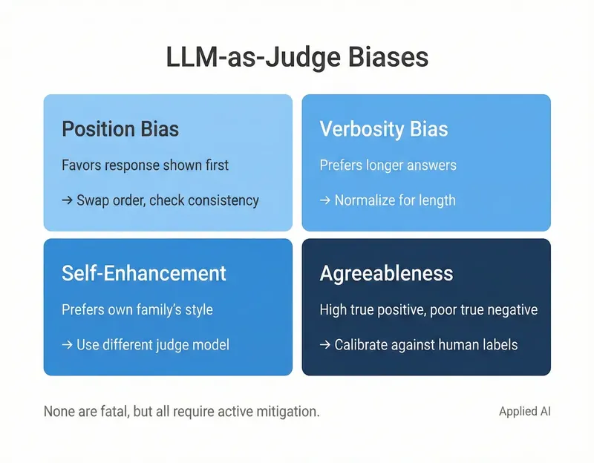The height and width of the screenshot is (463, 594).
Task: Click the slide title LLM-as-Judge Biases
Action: click(297, 59)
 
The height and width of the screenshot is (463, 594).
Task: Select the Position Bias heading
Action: click(120, 129)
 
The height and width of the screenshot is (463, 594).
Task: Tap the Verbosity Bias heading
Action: click(384, 129)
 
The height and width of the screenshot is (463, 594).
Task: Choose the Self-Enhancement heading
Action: click(144, 273)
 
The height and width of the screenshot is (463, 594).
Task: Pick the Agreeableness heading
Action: click(386, 273)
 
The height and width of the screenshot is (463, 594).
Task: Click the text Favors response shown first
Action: click(145, 165)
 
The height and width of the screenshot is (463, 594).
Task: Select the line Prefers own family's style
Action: click(137, 309)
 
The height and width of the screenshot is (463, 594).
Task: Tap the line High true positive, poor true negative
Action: click(428, 309)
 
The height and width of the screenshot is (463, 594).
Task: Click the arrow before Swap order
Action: click(68, 200)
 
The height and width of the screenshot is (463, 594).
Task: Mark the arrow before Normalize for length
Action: click(325, 200)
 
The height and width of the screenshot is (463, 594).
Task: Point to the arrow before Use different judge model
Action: click(68, 345)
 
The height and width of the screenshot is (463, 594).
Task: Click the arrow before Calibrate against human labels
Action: click(325, 345)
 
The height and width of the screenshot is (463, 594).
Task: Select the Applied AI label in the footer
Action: click(525, 411)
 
